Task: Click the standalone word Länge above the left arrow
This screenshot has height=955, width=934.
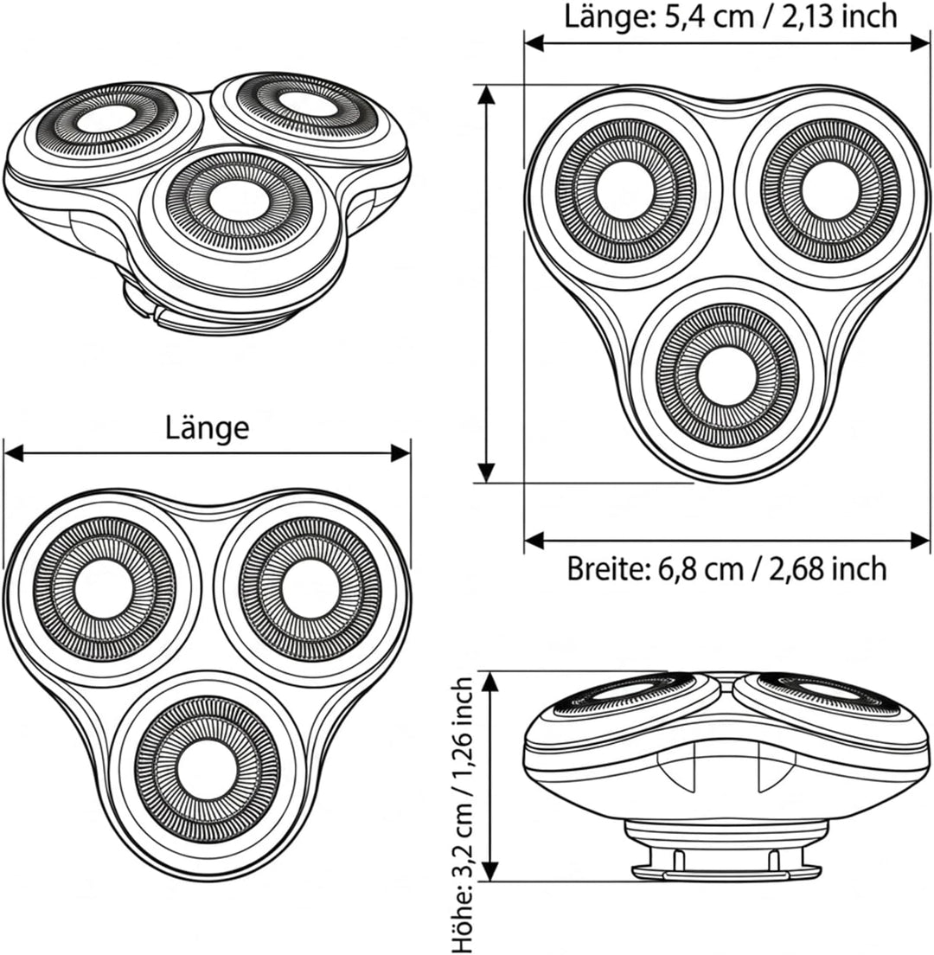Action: pyautogui.click(x=208, y=427)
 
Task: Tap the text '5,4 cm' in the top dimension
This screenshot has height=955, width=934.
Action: pyautogui.click(x=694, y=16)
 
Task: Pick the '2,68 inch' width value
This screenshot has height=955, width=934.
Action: pyautogui.click(x=824, y=569)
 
